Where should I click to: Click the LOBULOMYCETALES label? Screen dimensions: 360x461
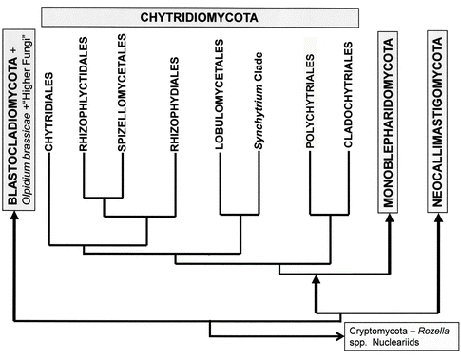tap(221, 99)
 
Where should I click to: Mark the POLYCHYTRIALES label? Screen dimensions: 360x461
tap(311, 98)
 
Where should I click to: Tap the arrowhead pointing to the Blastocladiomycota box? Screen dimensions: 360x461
tap(14, 218)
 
